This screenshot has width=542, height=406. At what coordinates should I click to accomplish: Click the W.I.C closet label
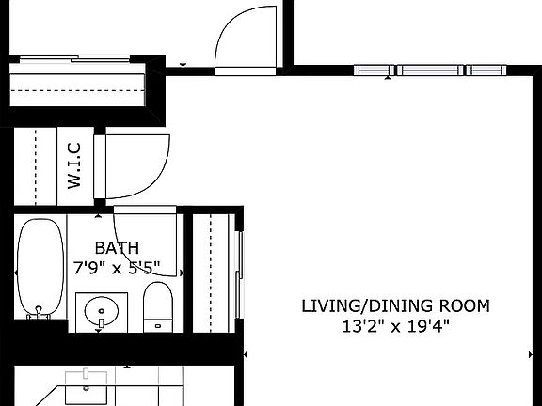click(x=75, y=165)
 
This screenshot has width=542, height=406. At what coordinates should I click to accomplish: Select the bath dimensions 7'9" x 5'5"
click(x=117, y=267)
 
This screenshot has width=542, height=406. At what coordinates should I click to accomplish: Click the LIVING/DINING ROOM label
click(x=395, y=306)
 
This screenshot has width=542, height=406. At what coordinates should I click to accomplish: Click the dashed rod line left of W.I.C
click(x=37, y=165)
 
